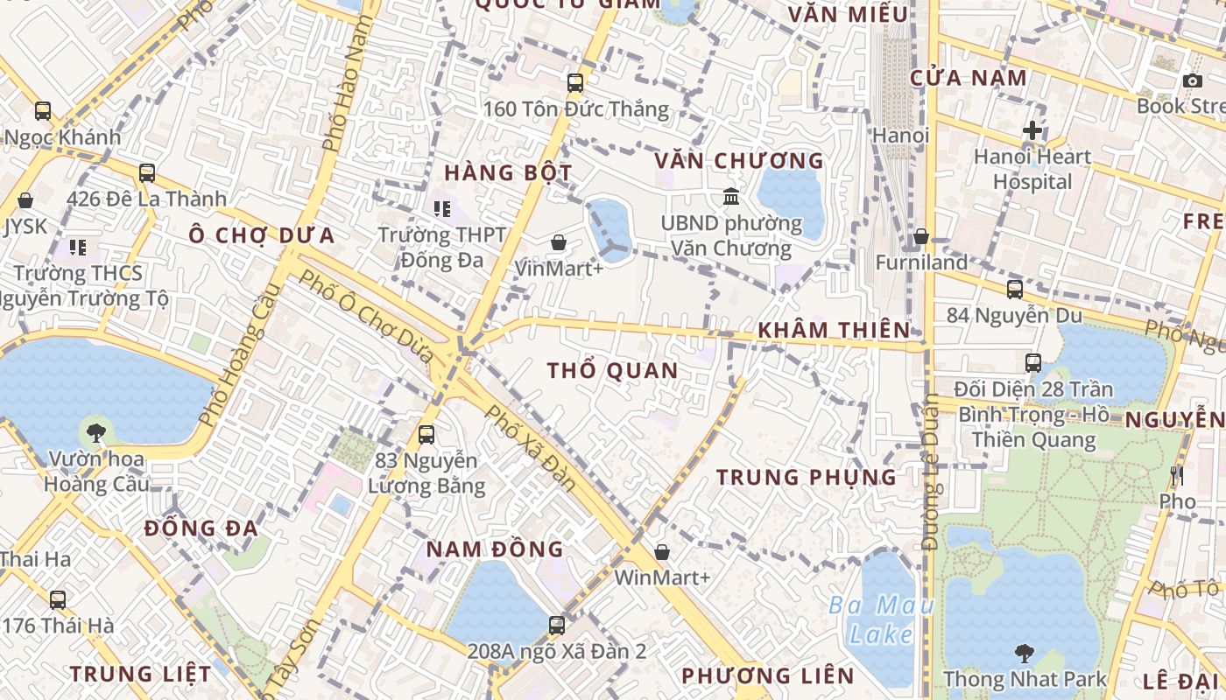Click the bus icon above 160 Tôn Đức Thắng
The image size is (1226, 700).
coord(575,83)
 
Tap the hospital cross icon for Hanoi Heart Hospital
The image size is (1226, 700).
coord(1032,131)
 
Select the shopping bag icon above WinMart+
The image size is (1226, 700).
coord(662,552)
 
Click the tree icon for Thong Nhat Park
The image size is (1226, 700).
coord(1024,653)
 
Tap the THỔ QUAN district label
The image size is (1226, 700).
coord(613,371)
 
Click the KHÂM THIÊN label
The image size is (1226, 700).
coord(834,330)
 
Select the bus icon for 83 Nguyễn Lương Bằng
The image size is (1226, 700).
coord(426,434)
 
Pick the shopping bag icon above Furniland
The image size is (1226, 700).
coord(921,237)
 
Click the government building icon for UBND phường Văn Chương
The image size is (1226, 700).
coord(731,197)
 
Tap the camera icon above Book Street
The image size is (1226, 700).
coord(1192,81)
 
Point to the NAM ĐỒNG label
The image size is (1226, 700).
coord(495,549)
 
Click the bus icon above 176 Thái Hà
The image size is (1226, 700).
coord(58,600)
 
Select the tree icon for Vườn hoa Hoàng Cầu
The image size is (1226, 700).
coord(96,432)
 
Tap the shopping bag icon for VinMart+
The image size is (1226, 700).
coord(558,242)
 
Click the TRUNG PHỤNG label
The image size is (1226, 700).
coord(807,477)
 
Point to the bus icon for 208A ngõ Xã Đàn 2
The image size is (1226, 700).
coord(557,625)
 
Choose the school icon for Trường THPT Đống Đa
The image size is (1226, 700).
coord(442,208)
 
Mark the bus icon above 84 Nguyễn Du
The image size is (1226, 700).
coord(1014,289)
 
